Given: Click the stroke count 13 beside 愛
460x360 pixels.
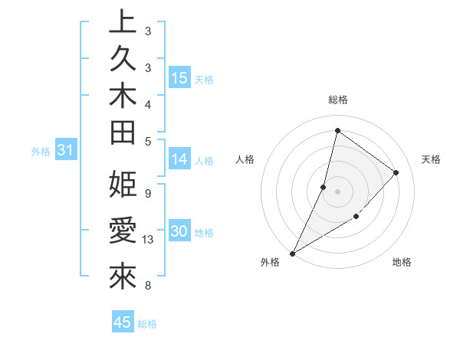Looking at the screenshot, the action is pyautogui.click(x=149, y=240).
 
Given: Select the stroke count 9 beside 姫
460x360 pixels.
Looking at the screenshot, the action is pyautogui.click(x=147, y=193).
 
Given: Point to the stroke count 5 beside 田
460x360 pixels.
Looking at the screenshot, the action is pyautogui.click(x=147, y=141).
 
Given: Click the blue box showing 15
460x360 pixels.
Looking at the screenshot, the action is pyautogui.click(x=179, y=78).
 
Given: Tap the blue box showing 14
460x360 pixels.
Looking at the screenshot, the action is pyautogui.click(x=179, y=159).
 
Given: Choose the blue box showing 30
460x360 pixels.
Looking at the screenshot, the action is pyautogui.click(x=179, y=232).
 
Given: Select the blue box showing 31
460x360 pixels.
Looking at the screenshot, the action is pyautogui.click(x=65, y=151).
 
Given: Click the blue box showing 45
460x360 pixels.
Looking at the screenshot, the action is pyautogui.click(x=123, y=322).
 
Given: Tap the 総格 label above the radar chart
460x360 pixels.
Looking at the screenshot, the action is pyautogui.click(x=337, y=100).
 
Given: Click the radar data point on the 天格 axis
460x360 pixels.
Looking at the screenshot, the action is pyautogui.click(x=396, y=172).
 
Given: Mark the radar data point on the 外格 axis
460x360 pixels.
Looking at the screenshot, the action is pyautogui.click(x=292, y=253).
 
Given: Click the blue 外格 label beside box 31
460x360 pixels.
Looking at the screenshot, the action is pyautogui.click(x=41, y=152).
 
